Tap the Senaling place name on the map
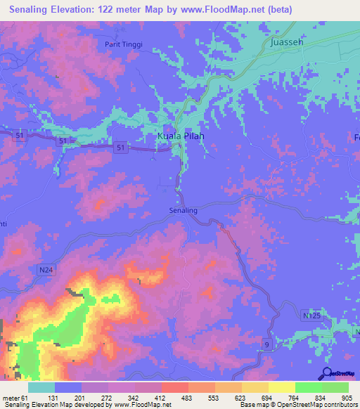point(184,210)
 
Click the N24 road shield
point(46,269)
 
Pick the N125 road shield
point(311,317)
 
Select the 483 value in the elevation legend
point(188,398)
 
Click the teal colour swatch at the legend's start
point(41,387)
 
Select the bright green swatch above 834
point(309,387)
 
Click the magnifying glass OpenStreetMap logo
point(325,375)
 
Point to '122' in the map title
point(124,10)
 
